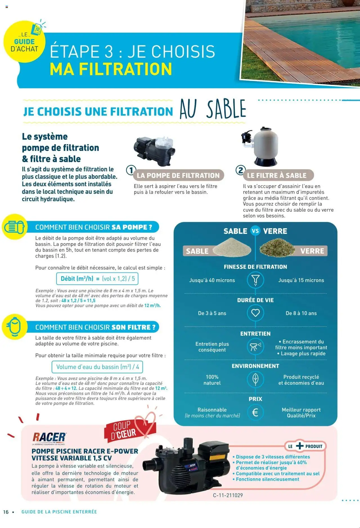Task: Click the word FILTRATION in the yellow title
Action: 125,69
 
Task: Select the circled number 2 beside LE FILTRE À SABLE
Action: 240,170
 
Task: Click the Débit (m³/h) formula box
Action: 97,279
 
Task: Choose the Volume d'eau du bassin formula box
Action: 97,367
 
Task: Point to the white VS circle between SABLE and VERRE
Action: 255,231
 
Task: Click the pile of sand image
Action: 232,247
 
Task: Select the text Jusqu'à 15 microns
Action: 301,280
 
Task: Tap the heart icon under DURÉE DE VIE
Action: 255,313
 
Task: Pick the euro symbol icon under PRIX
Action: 255,412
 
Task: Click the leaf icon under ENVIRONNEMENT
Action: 255,379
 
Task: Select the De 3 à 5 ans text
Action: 212,313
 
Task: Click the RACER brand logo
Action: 49,437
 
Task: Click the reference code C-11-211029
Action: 228,495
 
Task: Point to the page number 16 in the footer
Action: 6,512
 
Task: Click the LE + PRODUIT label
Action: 305,446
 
